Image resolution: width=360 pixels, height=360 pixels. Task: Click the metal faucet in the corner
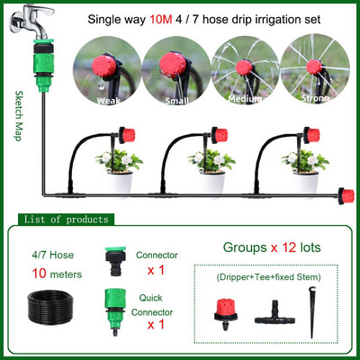point(31,21)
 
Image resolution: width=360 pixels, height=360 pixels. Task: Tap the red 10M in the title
point(161,20)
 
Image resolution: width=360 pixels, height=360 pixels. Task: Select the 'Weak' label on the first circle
point(108,101)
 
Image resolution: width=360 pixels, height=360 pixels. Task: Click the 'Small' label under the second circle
point(177,101)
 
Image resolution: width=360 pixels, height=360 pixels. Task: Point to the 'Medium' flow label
point(245,99)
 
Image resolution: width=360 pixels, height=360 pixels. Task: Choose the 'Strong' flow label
point(315,98)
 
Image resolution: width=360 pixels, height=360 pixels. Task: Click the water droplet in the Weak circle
point(102,85)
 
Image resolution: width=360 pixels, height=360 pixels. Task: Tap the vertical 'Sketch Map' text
point(19,116)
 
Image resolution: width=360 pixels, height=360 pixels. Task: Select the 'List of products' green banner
point(66,220)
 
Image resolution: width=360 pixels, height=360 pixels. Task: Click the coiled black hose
point(50,308)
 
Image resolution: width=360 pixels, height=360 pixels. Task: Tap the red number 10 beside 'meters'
point(40,274)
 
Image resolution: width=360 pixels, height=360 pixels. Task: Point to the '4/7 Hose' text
point(53,255)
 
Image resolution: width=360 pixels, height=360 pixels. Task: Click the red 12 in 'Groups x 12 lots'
point(289,247)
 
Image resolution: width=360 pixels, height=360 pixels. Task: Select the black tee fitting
point(274,313)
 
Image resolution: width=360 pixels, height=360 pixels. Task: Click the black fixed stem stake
point(312,312)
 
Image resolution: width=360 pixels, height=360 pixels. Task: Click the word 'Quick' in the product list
point(150,298)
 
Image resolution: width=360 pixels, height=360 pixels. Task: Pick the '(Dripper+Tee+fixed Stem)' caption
point(268,277)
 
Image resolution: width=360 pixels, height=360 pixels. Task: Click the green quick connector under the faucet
point(44,66)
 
